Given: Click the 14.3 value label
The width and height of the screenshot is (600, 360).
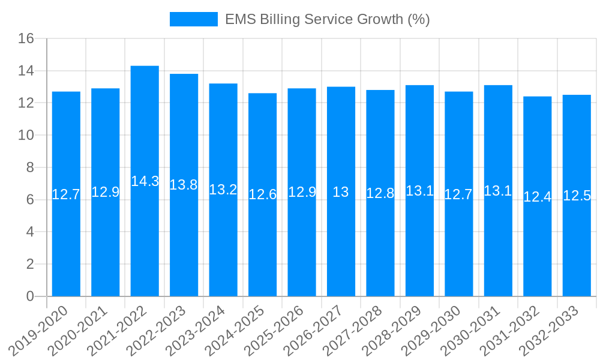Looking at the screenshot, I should [145, 181].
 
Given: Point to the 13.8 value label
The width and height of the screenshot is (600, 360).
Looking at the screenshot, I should [184, 185].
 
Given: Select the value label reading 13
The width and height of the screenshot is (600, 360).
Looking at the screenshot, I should [341, 192].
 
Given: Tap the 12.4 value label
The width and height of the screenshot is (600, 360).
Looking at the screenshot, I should [538, 197].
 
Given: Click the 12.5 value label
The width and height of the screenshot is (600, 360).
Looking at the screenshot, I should [577, 196].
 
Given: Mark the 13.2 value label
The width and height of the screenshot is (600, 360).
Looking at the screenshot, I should [223, 190].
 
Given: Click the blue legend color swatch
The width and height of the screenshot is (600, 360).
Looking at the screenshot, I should [193, 19].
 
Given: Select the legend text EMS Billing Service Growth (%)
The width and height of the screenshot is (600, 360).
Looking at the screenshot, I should [328, 19].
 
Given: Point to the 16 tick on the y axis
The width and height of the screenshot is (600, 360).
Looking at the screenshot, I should [26, 39].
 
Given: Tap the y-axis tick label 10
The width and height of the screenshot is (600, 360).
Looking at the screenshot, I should [26, 136].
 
